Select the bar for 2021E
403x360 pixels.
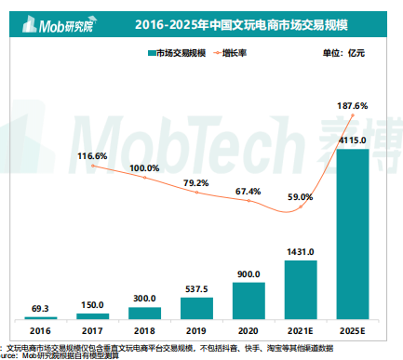point(300,289)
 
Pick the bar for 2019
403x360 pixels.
point(195,308)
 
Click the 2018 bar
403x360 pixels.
point(144,313)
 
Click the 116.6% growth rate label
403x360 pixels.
point(92,156)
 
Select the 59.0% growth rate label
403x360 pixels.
point(300,197)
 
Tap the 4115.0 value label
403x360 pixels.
point(352,140)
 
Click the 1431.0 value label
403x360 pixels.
point(300,252)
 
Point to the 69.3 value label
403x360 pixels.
point(40,306)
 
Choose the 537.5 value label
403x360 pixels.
point(195,289)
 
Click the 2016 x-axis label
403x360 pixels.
point(40,329)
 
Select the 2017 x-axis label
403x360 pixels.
point(92,329)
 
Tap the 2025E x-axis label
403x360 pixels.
point(352,329)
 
